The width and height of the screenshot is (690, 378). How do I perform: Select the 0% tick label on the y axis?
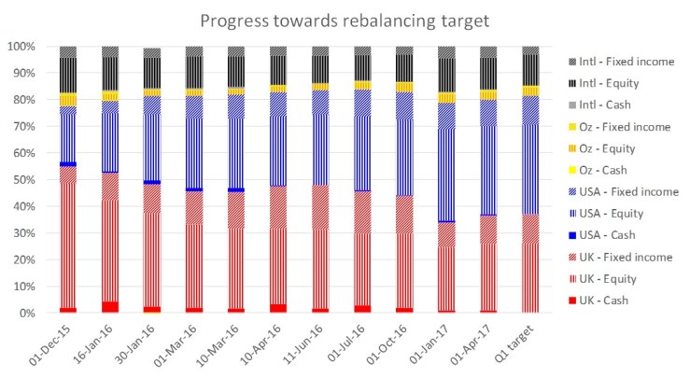point(31,313)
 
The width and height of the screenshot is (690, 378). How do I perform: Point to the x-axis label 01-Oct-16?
point(390,343)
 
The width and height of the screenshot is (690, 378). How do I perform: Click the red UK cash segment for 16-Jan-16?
point(110,307)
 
